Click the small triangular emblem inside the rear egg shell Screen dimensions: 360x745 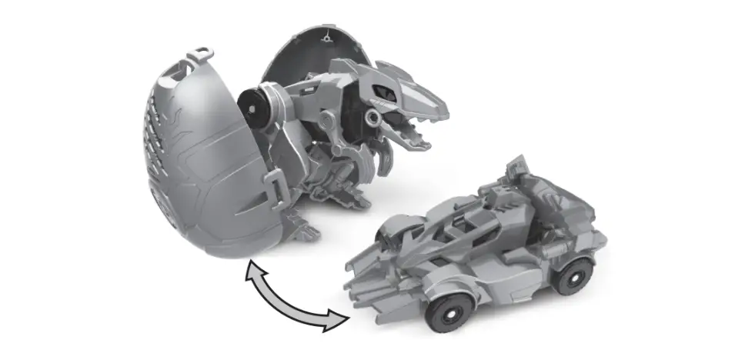coord(329,37)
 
